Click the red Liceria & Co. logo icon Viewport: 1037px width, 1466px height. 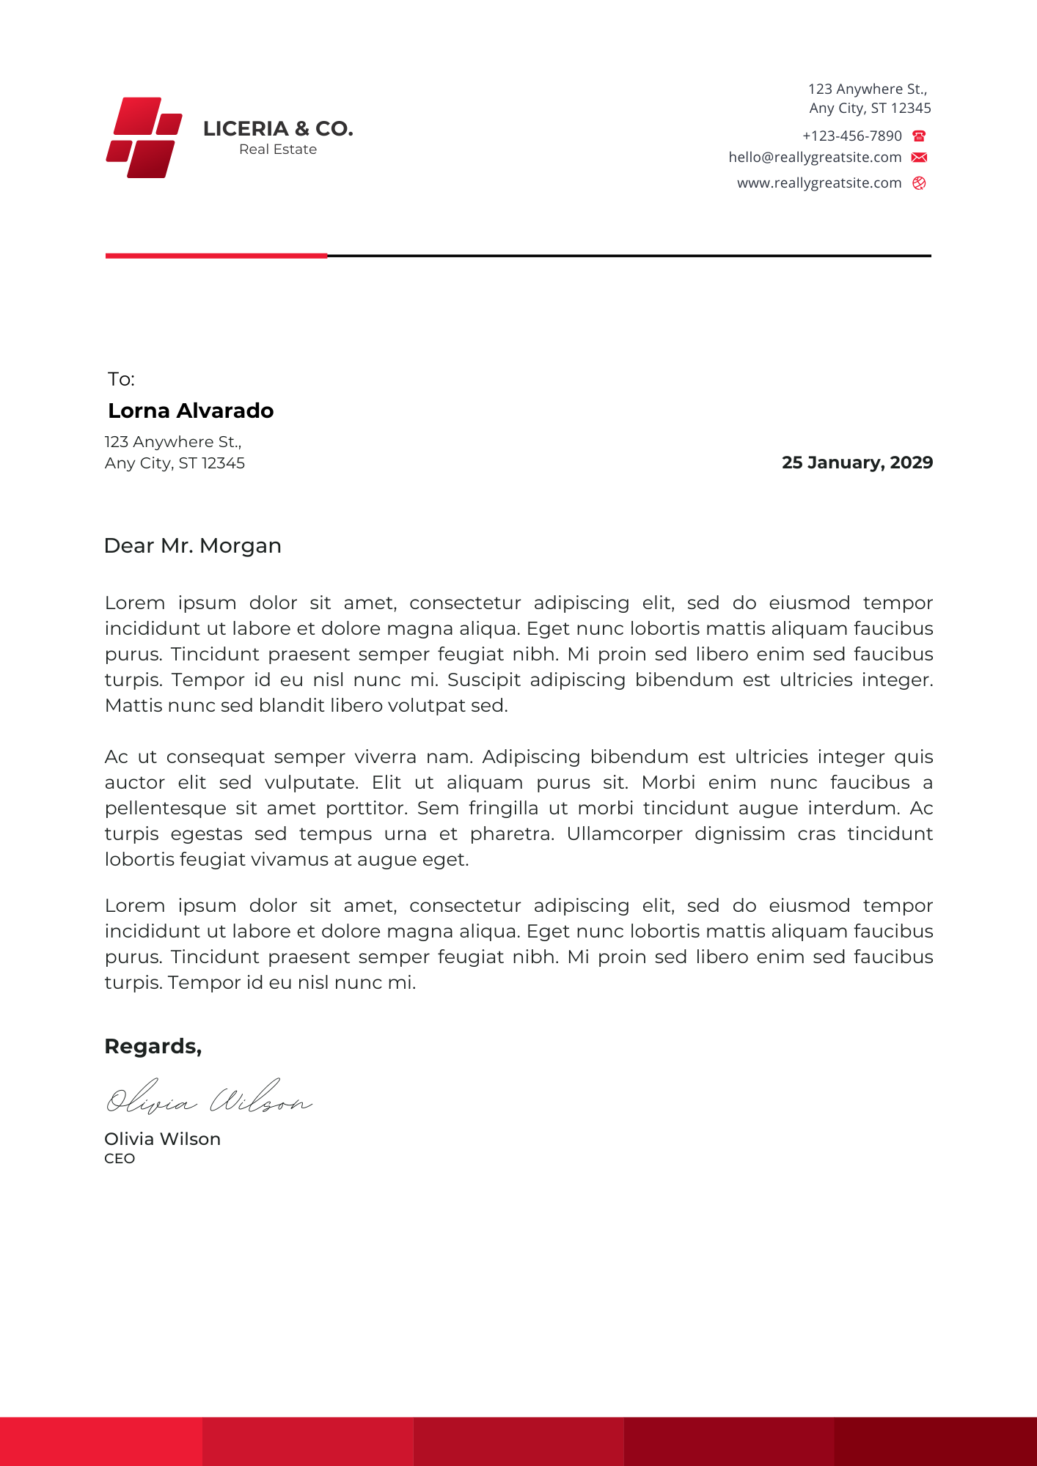[144, 137]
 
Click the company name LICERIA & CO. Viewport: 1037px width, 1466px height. [278, 129]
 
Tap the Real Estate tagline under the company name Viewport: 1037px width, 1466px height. [278, 150]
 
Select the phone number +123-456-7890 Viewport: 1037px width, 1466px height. [851, 136]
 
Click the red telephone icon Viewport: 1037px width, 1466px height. [919, 136]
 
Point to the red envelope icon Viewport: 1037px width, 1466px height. [919, 158]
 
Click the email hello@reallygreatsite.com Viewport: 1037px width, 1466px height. [815, 158]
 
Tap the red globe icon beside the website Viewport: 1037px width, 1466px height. [919, 183]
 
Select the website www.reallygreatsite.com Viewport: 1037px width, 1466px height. [819, 183]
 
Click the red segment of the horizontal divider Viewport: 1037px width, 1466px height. [216, 256]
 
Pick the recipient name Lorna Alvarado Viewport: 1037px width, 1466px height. [191, 410]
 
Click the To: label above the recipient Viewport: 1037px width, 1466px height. [122, 379]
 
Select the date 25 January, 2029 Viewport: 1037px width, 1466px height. [857, 463]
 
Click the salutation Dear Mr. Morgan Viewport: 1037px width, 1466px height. [193, 546]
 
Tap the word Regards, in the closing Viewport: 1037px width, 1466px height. [153, 1046]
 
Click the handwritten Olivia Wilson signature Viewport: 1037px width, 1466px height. [209, 1098]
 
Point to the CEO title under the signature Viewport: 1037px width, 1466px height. [120, 1159]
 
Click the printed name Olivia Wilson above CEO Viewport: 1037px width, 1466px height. [162, 1139]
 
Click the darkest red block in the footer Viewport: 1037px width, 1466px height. [935, 1441]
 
